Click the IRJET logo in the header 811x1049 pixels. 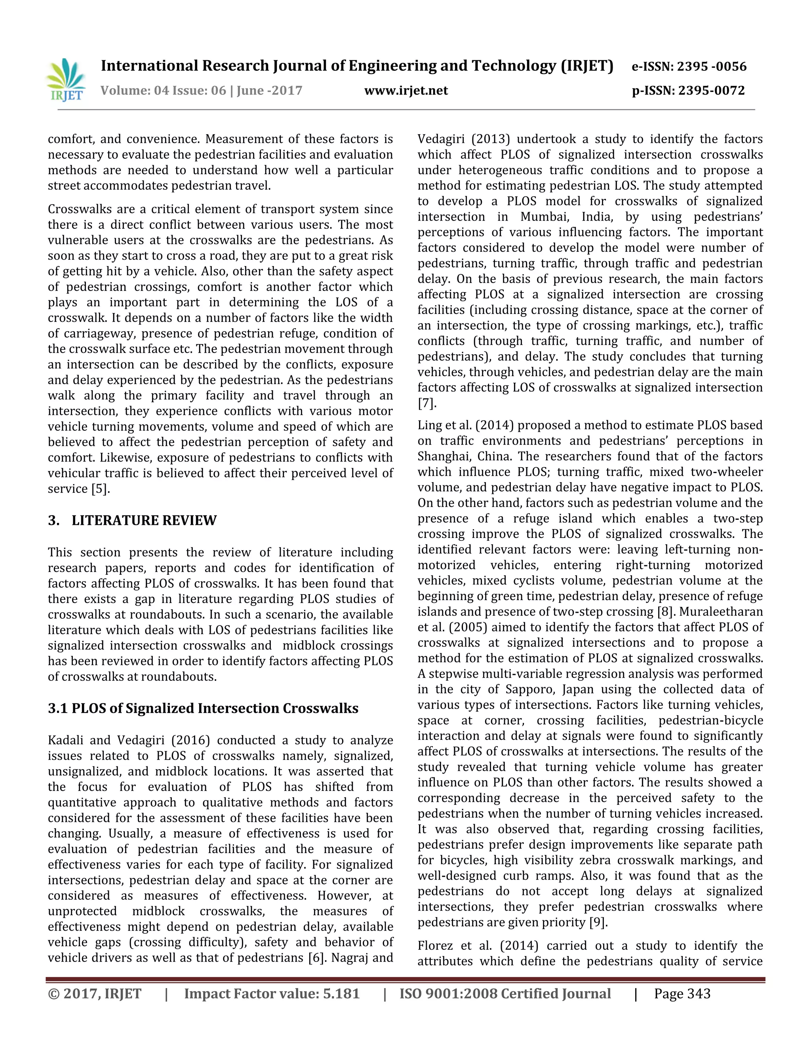coord(66,80)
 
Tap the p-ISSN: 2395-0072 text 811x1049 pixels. coord(688,90)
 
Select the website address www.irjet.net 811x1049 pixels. coord(406,90)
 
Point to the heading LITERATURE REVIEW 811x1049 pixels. coord(144,520)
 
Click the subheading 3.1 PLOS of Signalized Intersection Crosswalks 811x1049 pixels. coord(203,709)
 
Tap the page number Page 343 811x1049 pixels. coord(682,994)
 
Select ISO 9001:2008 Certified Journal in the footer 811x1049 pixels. coord(505,994)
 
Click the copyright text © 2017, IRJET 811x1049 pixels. coord(95,994)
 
